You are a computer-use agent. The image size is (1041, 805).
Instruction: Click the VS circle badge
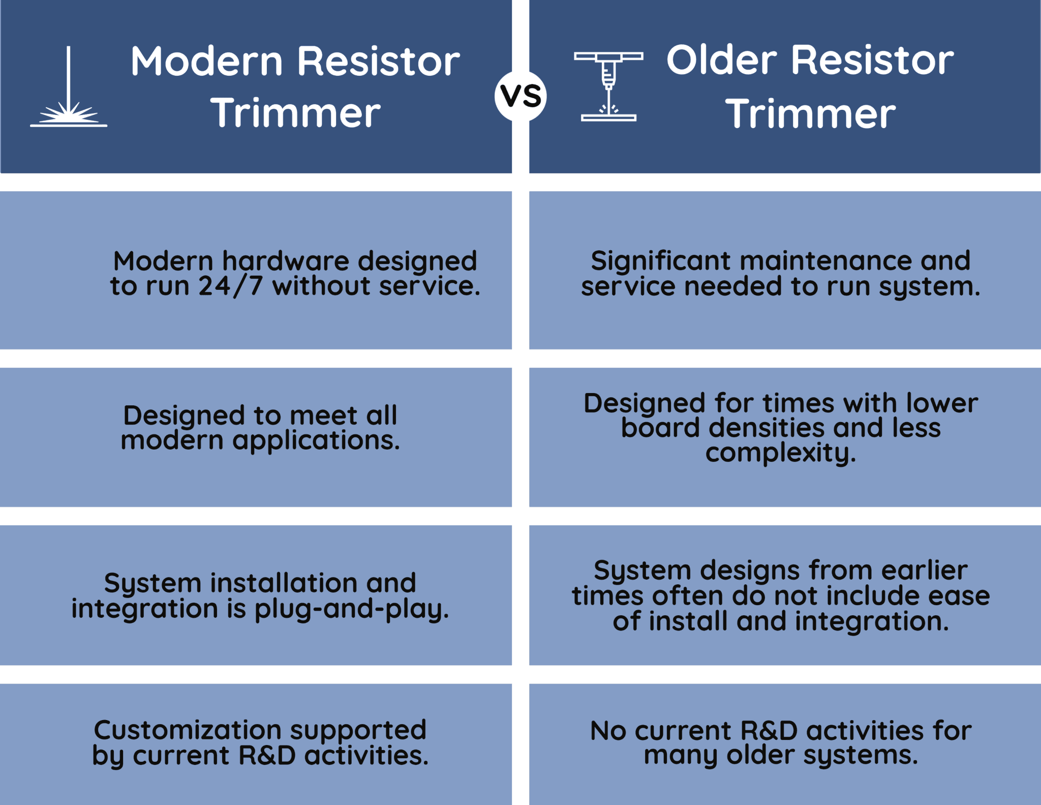(520, 96)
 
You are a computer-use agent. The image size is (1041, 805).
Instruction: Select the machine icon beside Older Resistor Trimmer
(608, 86)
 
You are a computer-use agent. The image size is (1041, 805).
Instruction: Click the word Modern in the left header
(206, 62)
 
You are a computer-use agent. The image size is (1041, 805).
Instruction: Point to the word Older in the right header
(722, 60)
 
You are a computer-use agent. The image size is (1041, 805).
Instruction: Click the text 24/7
(230, 286)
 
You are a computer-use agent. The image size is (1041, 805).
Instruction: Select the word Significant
(660, 261)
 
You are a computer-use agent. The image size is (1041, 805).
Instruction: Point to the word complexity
(780, 453)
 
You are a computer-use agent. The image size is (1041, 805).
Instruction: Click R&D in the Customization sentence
(267, 756)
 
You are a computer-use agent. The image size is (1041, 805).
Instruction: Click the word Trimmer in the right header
(810, 114)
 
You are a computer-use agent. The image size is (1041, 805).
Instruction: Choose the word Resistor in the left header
(378, 62)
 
